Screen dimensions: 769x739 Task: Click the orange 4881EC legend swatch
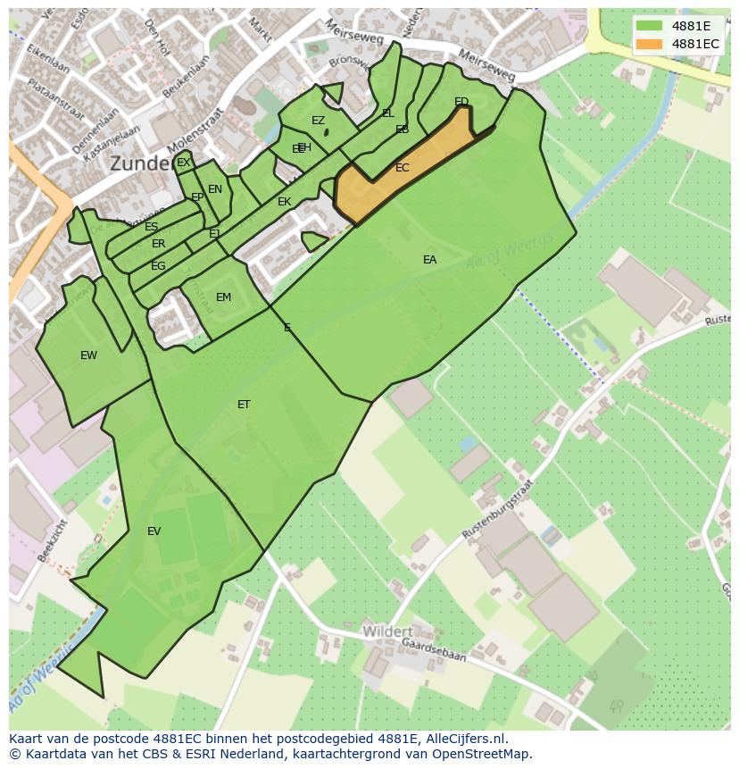[649, 44]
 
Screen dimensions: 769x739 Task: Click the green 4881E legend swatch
[649, 26]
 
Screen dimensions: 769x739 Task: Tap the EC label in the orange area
[403, 168]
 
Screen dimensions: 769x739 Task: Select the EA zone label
[430, 260]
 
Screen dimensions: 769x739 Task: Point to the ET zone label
[244, 405]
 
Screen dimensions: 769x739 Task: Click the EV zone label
[154, 531]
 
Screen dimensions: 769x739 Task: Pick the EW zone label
[88, 355]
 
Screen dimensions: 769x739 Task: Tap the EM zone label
[223, 297]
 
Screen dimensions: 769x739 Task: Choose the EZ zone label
[318, 121]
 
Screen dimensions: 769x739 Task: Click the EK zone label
[284, 202]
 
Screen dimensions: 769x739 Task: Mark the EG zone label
[158, 266]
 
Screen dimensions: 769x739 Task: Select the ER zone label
[158, 244]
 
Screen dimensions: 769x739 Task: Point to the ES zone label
[151, 227]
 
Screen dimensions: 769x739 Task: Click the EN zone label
[215, 189]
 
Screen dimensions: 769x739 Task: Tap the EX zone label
[183, 163]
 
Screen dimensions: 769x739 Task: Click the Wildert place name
[387, 631]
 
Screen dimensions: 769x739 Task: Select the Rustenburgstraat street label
[498, 508]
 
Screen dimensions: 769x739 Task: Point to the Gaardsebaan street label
[435, 650]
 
